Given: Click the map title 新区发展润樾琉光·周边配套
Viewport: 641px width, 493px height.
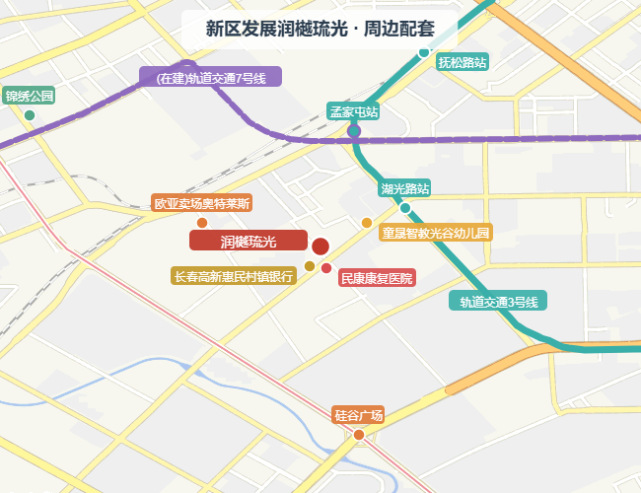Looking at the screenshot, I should [320, 29].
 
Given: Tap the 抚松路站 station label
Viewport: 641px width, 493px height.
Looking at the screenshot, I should [463, 62].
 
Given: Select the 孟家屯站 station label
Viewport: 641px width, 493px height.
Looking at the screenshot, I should [353, 112].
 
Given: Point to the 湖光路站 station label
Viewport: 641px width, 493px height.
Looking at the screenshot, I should [405, 188].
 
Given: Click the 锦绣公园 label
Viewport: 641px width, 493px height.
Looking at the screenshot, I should [29, 97].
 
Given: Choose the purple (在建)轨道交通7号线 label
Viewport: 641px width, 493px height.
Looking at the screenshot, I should [211, 77].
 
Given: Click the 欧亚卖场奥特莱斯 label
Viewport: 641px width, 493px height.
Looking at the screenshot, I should [202, 204].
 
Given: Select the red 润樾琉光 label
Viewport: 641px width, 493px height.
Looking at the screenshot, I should [249, 242].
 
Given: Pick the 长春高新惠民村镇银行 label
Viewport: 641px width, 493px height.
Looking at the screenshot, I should [234, 277].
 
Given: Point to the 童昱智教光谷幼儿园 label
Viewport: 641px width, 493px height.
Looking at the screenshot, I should [436, 234].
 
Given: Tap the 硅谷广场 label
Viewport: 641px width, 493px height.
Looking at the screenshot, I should [358, 415].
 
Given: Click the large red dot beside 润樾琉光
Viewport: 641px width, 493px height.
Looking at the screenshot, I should [320, 246].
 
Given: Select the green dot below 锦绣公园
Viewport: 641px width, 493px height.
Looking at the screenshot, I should [30, 115].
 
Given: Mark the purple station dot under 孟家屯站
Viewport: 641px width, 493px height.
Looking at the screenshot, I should [354, 131].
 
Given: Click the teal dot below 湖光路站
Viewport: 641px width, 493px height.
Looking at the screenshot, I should [405, 208].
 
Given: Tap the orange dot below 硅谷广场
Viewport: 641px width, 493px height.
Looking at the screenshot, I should [359, 435].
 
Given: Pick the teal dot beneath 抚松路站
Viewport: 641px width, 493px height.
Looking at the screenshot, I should [424, 52].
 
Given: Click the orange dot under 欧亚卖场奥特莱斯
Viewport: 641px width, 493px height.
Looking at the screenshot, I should [202, 223].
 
